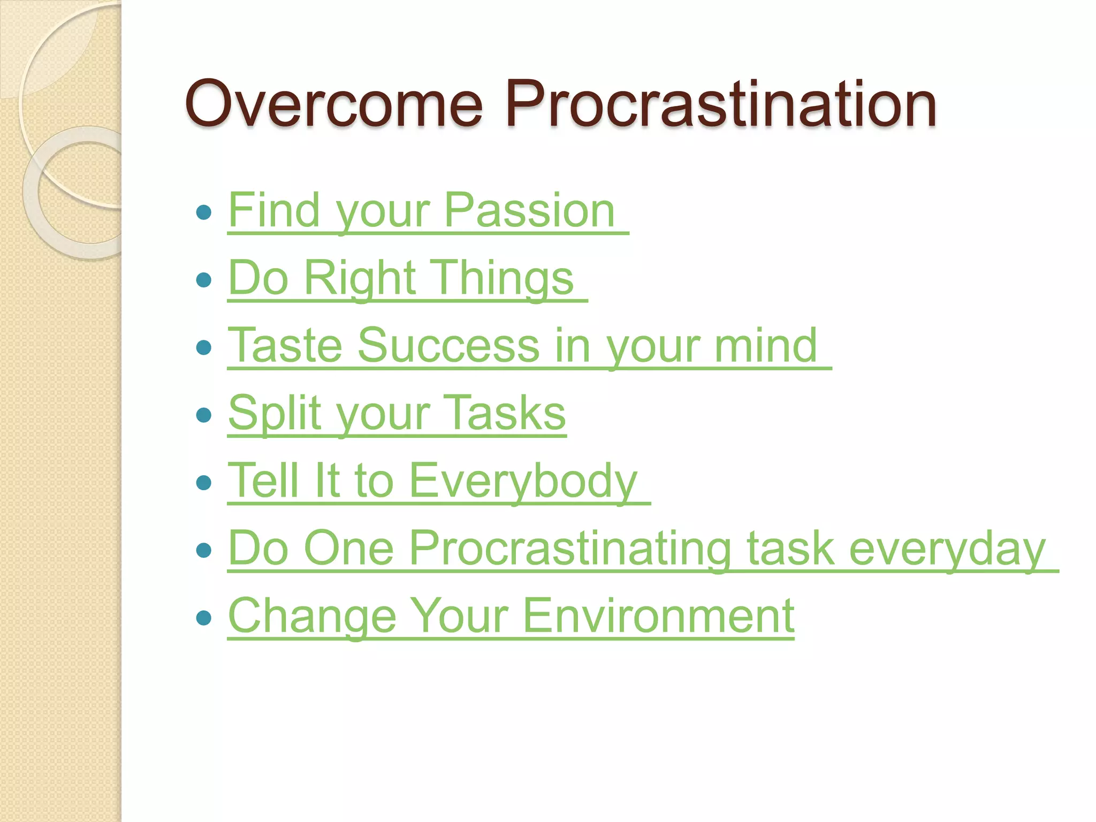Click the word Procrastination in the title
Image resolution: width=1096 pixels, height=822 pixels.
tap(720, 104)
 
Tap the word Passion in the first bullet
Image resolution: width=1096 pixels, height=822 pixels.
tap(529, 211)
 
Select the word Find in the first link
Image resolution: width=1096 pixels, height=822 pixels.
tap(273, 211)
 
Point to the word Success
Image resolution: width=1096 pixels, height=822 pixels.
tap(448, 346)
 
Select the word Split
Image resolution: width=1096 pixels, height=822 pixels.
tap(275, 413)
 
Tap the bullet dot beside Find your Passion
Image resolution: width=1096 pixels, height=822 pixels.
tap(204, 212)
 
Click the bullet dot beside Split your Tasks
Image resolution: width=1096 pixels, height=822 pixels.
tap(204, 415)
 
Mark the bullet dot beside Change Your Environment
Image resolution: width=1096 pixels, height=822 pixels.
tap(204, 618)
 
